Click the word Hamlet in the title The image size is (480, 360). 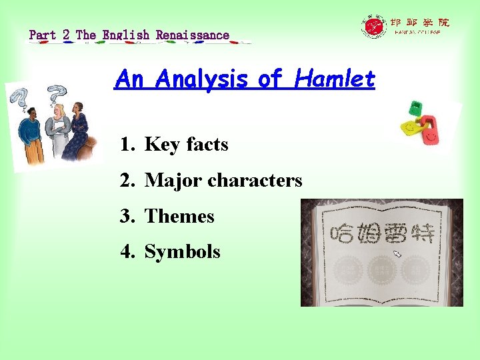[343, 80]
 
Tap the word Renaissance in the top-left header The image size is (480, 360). [193, 35]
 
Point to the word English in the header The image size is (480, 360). [126, 35]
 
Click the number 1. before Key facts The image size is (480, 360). [128, 145]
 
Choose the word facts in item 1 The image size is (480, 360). [207, 145]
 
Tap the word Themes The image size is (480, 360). [179, 217]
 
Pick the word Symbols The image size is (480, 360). [182, 252]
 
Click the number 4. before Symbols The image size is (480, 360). [128, 252]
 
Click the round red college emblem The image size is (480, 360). [374, 27]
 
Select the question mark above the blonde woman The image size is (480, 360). [57, 93]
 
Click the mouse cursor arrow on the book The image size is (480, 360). [398, 254]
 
